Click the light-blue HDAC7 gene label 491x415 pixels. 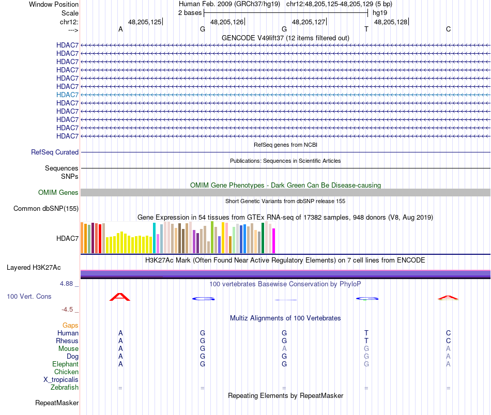tap(68, 95)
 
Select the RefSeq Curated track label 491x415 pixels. tap(55, 152)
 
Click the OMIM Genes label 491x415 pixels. tap(58, 193)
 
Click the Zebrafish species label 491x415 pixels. tap(65, 388)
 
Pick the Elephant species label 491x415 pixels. tap(65, 364)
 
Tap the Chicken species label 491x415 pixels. tap(67, 372)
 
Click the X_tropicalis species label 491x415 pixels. tap(61, 380)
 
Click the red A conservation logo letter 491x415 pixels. tap(120, 297)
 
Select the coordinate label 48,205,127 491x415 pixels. tap(309, 22)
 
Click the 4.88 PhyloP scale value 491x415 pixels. tap(68, 284)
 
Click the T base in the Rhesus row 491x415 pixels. tap(366, 341)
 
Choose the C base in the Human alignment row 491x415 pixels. tap(448, 333)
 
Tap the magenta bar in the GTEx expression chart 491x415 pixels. tap(274, 241)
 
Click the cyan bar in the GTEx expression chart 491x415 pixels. tap(154, 238)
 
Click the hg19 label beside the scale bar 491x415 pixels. tap(379, 12)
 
